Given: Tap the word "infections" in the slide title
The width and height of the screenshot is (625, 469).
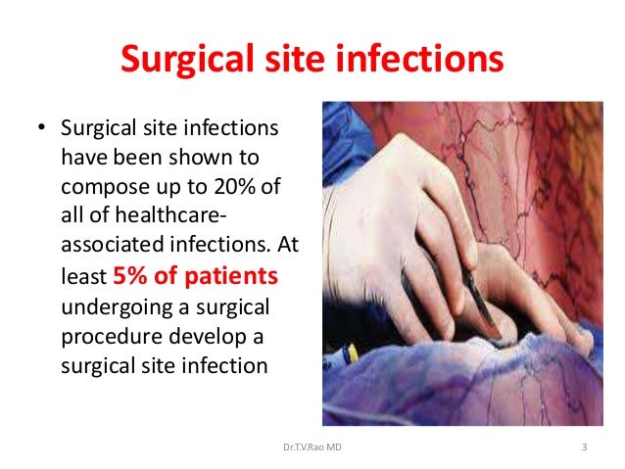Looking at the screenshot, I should click(x=425, y=60).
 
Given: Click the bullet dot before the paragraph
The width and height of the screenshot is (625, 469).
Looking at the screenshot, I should click(x=41, y=129).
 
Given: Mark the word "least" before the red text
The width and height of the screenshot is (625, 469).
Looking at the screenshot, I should click(x=78, y=277).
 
